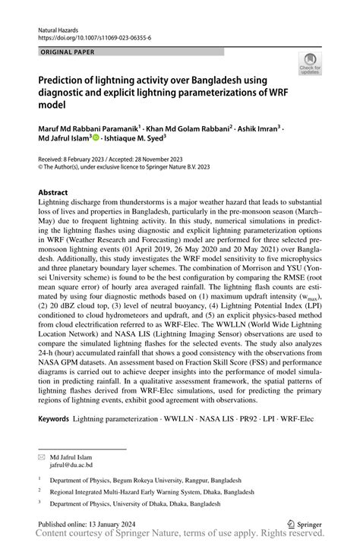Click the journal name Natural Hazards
coord(59,26)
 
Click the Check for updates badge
coord(311,65)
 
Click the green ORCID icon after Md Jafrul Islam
coord(95,137)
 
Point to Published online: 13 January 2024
coord(86,523)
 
